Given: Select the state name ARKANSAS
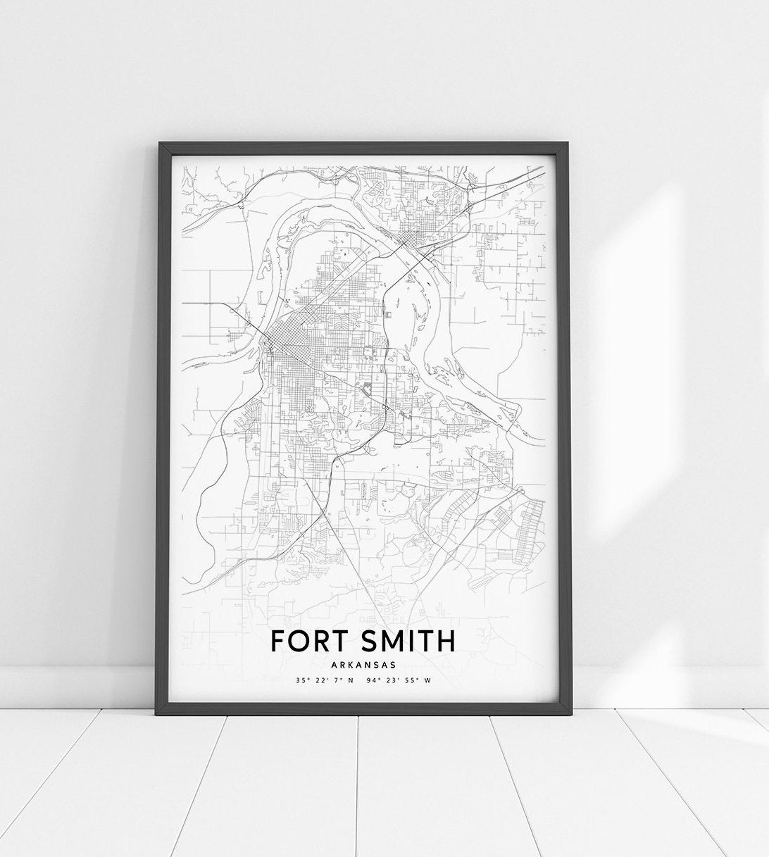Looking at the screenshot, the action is click(x=363, y=664).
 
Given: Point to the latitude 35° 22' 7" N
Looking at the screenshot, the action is click(x=325, y=681).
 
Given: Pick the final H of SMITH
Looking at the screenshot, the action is click(x=446, y=641).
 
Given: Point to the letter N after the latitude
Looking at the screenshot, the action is click(x=350, y=681).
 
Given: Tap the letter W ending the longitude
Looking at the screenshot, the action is click(x=427, y=681).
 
